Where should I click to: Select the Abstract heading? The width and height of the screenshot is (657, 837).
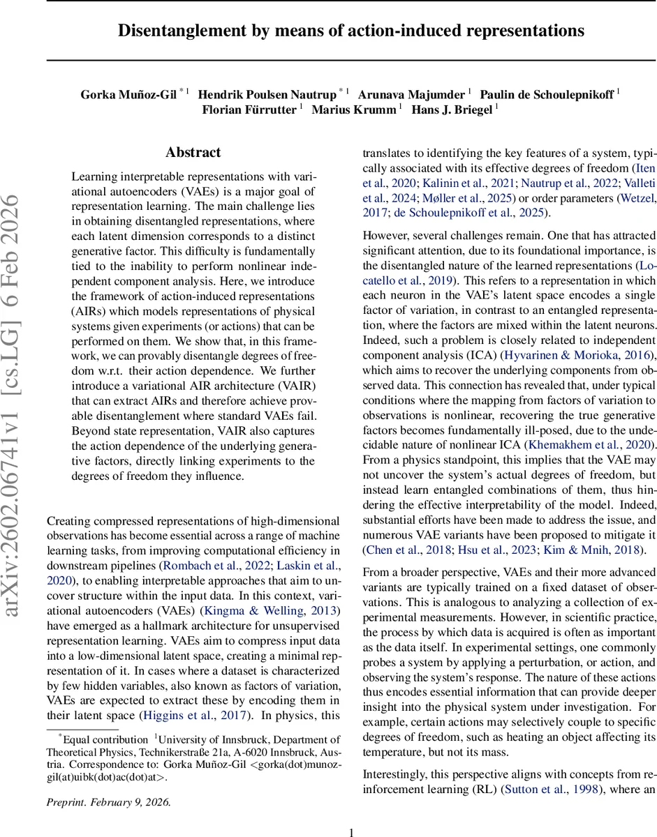[193, 153]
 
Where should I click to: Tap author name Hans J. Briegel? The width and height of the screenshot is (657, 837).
[450, 110]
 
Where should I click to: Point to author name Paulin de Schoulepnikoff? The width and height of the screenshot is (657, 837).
[547, 94]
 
